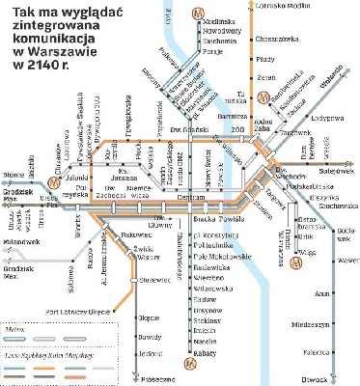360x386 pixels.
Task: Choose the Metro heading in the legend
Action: [16, 327]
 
